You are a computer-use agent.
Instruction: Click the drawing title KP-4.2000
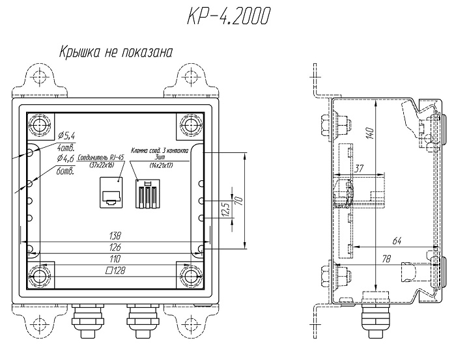click(x=227, y=18)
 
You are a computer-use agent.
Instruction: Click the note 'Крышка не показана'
click(x=117, y=53)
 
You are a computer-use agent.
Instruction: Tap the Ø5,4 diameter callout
click(x=67, y=135)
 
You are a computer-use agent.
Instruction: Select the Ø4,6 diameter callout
click(x=67, y=158)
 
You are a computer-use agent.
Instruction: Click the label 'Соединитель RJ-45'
click(x=100, y=158)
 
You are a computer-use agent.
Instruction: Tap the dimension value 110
click(x=115, y=260)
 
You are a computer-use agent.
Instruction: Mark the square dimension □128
click(x=115, y=271)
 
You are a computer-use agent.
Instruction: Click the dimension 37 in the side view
click(x=359, y=168)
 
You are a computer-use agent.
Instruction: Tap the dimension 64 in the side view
click(x=397, y=242)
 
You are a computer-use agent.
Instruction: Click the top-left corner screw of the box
click(x=40, y=124)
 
